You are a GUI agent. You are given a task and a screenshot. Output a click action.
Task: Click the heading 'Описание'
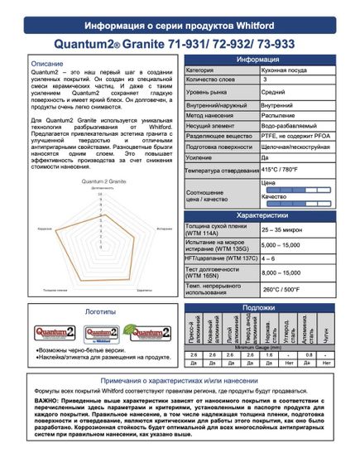[x=49, y=63]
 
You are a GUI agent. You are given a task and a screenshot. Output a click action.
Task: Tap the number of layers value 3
[x=264, y=81]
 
